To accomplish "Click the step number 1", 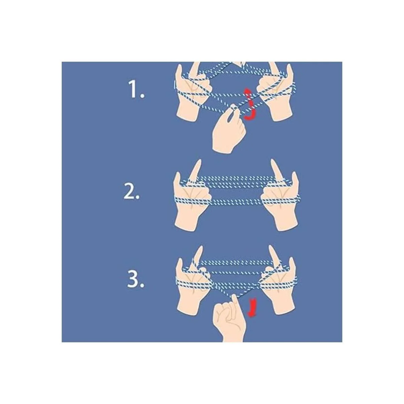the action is coord(136,90).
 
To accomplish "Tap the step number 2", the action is coord(131,192).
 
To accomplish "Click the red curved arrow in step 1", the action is coord(250,104).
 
